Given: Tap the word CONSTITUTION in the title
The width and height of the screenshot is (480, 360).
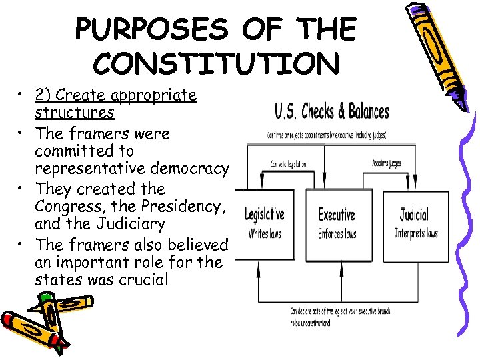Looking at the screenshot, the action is (x=216, y=63).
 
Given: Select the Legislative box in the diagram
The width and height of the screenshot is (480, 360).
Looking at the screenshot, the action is (x=265, y=223).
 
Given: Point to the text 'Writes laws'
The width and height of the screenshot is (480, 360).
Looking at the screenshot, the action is (x=265, y=234).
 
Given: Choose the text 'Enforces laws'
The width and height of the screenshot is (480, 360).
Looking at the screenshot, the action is (x=337, y=234).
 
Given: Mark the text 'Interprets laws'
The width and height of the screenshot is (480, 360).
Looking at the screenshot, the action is (x=416, y=233).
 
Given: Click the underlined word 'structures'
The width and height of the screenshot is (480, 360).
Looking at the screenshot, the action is (x=74, y=113).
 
